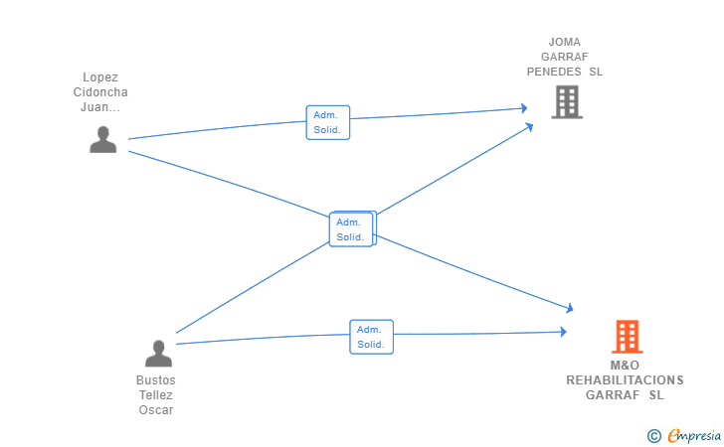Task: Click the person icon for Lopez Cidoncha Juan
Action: pyautogui.click(x=103, y=139)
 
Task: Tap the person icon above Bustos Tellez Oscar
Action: pyautogui.click(x=158, y=354)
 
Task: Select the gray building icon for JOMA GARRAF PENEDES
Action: pyautogui.click(x=567, y=102)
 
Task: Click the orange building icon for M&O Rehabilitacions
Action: pyautogui.click(x=628, y=337)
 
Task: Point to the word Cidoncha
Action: pyautogui.click(x=100, y=92)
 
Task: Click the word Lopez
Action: pyautogui.click(x=100, y=77)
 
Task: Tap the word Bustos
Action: pyautogui.click(x=156, y=380)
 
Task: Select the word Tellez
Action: pyautogui.click(x=156, y=395)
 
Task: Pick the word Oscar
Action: pyautogui.click(x=156, y=410)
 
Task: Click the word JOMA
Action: pyautogui.click(x=565, y=42)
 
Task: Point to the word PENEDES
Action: pyautogui.click(x=554, y=72)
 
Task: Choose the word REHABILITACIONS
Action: pyautogui.click(x=625, y=380)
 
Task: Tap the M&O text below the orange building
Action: pyautogui.click(x=625, y=366)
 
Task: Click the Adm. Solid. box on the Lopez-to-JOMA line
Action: pyautogui.click(x=328, y=122)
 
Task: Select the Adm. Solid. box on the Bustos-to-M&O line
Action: pyautogui.click(x=372, y=337)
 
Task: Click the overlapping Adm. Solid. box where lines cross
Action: pyautogui.click(x=351, y=229)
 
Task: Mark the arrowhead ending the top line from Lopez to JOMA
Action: pyautogui.click(x=524, y=108)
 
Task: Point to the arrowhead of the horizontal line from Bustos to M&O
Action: pyautogui.click(x=563, y=332)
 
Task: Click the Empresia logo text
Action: pyautogui.click(x=694, y=435)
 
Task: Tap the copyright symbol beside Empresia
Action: pyautogui.click(x=653, y=436)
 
